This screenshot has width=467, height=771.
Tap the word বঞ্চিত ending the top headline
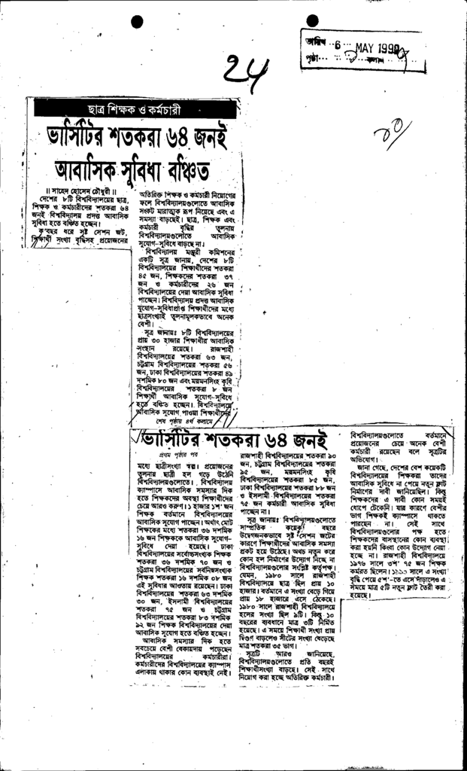[182, 165]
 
